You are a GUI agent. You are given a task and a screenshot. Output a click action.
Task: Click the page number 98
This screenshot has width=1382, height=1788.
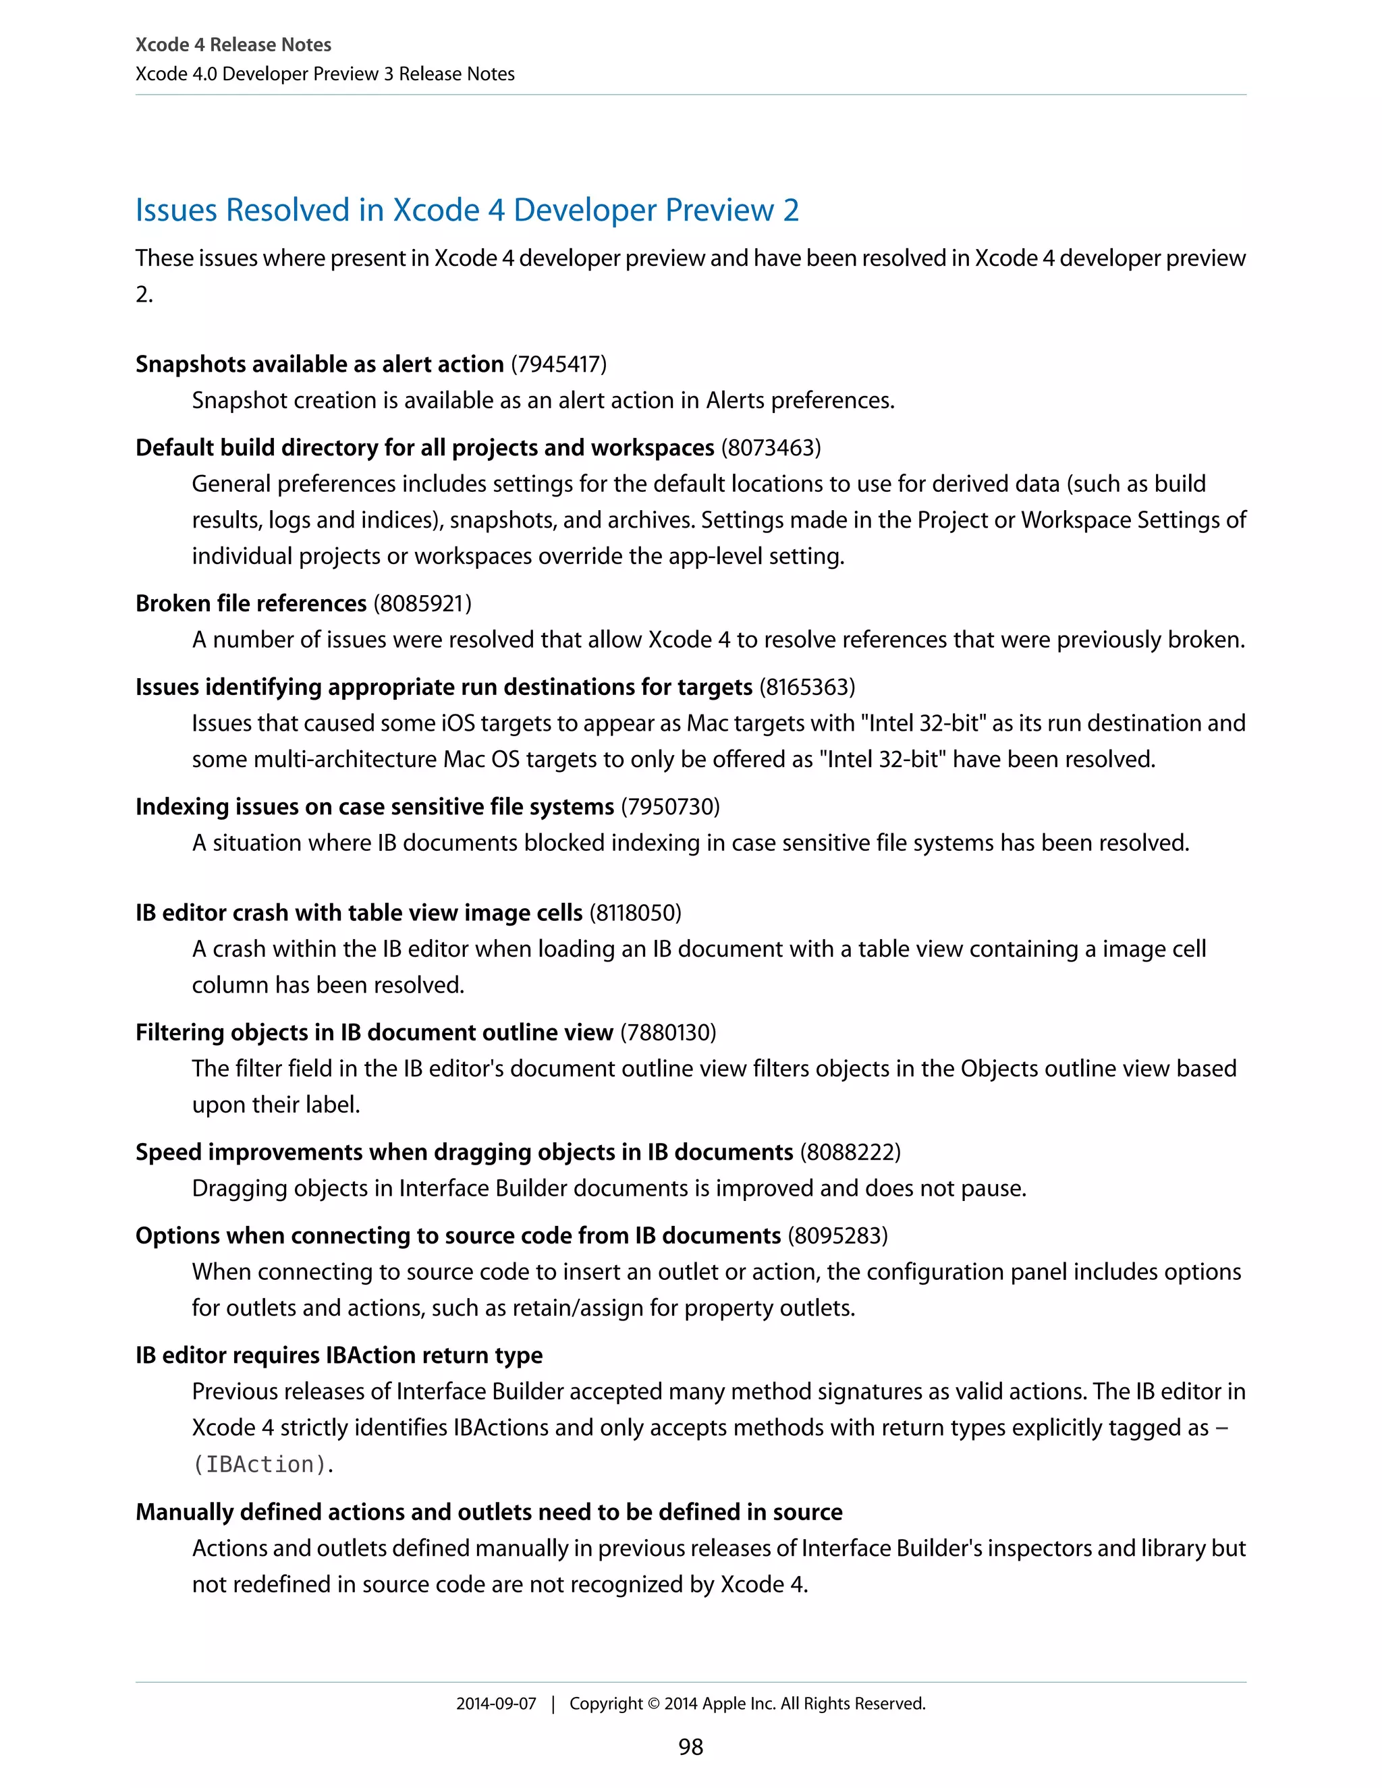click(x=690, y=1746)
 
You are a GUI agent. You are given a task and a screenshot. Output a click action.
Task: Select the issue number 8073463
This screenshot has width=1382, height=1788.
click(x=771, y=448)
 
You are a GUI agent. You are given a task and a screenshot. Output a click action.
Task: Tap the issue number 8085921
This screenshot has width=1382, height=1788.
click(x=422, y=603)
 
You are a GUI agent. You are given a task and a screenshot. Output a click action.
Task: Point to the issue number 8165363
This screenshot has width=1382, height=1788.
click(x=807, y=687)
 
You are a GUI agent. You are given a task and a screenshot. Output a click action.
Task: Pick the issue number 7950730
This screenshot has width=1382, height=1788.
click(x=671, y=806)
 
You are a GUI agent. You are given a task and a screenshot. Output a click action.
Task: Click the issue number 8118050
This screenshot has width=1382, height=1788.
click(x=635, y=913)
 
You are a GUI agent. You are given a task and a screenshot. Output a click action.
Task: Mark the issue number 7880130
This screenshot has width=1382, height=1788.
click(x=668, y=1032)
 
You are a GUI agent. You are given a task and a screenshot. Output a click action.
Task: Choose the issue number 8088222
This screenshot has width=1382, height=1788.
click(x=850, y=1152)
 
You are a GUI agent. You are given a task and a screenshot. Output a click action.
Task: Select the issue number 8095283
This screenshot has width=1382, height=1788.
click(x=837, y=1235)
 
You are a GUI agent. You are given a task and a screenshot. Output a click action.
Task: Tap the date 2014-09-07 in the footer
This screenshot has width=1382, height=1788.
click(x=496, y=1704)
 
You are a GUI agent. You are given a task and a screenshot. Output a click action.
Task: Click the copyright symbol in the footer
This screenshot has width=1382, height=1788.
click(x=653, y=1704)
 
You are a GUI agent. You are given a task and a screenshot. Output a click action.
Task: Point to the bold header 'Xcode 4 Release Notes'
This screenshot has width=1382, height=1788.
click(x=233, y=45)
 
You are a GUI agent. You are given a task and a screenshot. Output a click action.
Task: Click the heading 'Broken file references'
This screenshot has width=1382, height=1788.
click(x=250, y=603)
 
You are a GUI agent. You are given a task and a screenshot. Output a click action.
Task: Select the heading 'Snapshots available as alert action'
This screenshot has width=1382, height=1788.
click(x=319, y=364)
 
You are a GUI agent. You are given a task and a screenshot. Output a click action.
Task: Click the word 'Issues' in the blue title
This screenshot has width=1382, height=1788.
click(x=176, y=211)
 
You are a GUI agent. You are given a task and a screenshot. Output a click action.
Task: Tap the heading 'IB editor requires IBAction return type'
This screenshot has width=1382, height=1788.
click(x=339, y=1355)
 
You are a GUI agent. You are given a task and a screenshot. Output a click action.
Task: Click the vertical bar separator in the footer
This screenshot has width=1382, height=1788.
click(x=553, y=1704)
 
